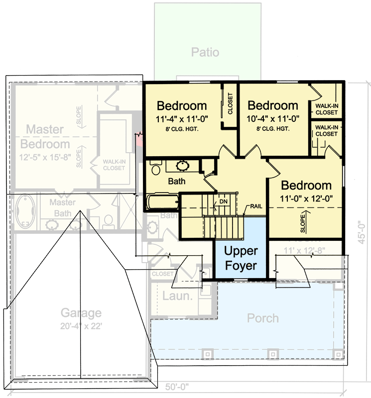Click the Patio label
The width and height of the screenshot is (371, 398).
[205, 52]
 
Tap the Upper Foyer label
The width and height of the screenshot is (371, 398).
[241, 258]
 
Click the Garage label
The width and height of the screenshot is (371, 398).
[81, 313]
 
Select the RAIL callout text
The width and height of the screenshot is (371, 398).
[256, 206]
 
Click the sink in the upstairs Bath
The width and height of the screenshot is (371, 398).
[182, 165]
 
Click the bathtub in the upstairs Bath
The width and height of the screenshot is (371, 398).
[163, 201]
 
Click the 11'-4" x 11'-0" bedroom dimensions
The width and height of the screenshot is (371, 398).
[182, 118]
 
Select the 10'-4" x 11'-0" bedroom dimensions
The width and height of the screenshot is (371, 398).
[272, 118]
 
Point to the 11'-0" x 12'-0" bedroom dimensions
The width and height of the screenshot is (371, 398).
[306, 198]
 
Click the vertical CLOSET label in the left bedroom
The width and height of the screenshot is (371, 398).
[230, 104]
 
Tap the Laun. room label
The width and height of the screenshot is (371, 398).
[177, 297]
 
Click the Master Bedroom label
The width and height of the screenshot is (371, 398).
[45, 137]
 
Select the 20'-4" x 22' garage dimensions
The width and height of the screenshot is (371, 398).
[81, 325]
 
